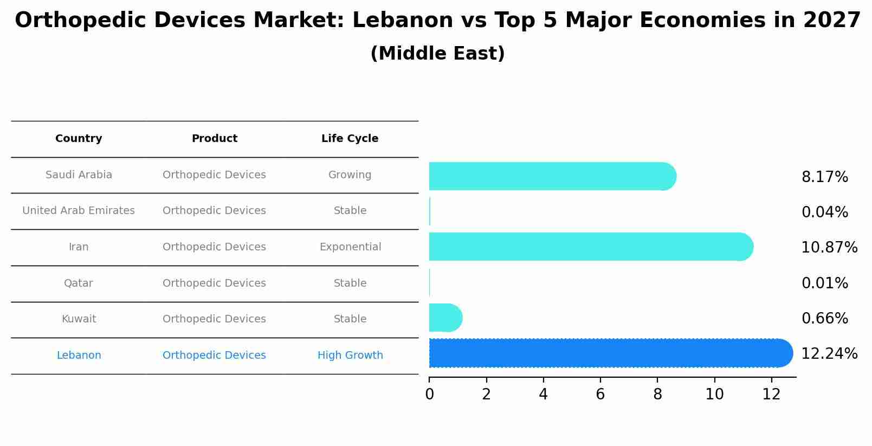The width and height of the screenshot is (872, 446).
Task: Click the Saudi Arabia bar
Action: pyautogui.click(x=552, y=176)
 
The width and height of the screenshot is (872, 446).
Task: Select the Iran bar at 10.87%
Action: pyautogui.click(x=591, y=247)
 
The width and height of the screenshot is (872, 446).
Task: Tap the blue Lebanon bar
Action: pyautogui.click(x=610, y=353)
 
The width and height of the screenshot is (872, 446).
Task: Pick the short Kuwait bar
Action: pyautogui.click(x=445, y=318)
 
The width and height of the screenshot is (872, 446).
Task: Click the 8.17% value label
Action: pyautogui.click(x=824, y=177)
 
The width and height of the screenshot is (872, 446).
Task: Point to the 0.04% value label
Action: pyautogui.click(x=824, y=212)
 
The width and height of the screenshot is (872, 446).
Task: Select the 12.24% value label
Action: pyautogui.click(x=829, y=354)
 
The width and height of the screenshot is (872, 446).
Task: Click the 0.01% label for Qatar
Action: pyautogui.click(x=824, y=283)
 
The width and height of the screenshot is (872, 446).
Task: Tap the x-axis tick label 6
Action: pyautogui.click(x=600, y=395)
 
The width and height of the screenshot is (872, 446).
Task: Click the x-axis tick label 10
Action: pyautogui.click(x=714, y=395)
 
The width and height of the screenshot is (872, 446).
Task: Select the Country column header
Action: pyautogui.click(x=79, y=139)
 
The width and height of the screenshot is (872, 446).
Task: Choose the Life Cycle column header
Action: pyautogui.click(x=350, y=139)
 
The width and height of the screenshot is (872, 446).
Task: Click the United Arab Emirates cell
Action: pyautogui.click(x=79, y=211)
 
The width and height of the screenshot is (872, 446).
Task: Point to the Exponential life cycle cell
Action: pyautogui.click(x=350, y=247)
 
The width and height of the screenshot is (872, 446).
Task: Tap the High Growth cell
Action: pyautogui.click(x=350, y=355)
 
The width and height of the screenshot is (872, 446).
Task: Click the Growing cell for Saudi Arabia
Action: pyautogui.click(x=350, y=175)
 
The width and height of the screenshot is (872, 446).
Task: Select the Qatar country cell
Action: pyautogui.click(x=79, y=283)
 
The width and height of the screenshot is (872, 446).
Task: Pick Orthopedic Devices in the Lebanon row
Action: pyautogui.click(x=214, y=355)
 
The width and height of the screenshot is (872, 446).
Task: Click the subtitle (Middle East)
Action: pyautogui.click(x=437, y=54)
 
